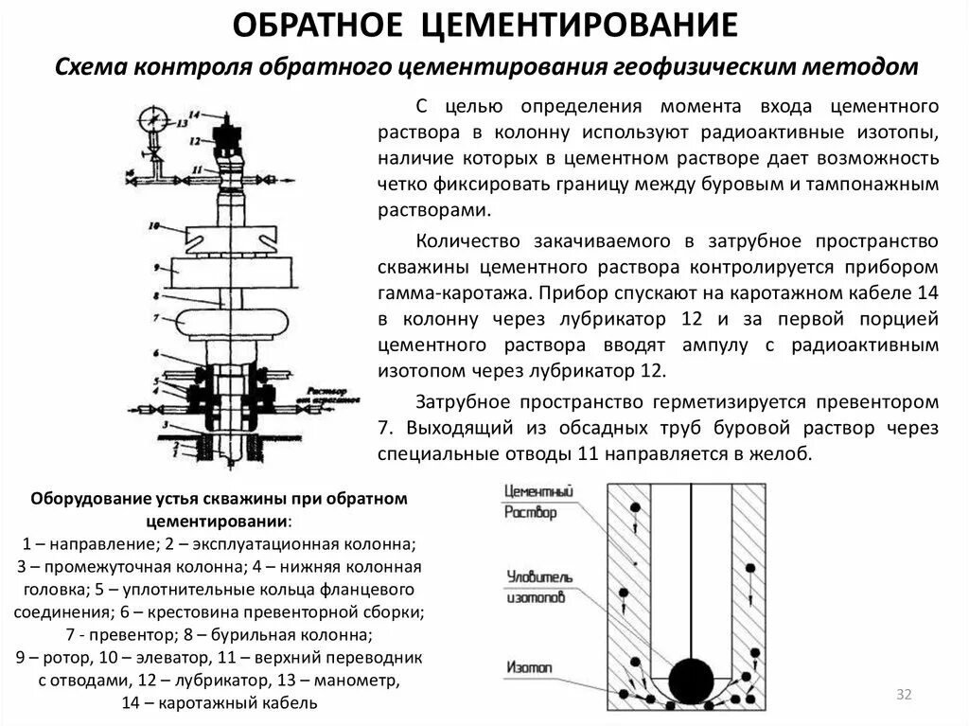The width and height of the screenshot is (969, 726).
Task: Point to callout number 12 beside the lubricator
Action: (x=195, y=139)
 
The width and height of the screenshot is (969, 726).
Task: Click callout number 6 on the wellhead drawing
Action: (x=153, y=353)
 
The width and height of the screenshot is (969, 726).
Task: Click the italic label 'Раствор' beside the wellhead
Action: (x=326, y=391)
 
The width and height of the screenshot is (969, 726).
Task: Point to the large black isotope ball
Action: (x=692, y=678)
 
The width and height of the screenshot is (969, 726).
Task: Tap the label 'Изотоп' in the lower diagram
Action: (x=529, y=668)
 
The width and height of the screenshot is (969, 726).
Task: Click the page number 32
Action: (x=903, y=696)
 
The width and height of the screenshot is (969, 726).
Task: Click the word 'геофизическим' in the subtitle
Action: (x=705, y=67)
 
